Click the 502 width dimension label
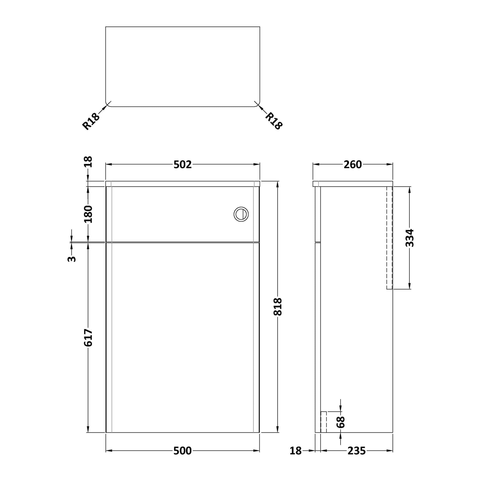(x=183, y=165)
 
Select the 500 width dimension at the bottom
(x=183, y=451)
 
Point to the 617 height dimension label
(x=88, y=338)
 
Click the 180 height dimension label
(x=88, y=214)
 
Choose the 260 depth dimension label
(x=353, y=165)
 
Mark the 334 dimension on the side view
(x=410, y=238)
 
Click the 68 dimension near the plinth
(x=341, y=422)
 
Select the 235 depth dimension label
(x=356, y=451)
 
